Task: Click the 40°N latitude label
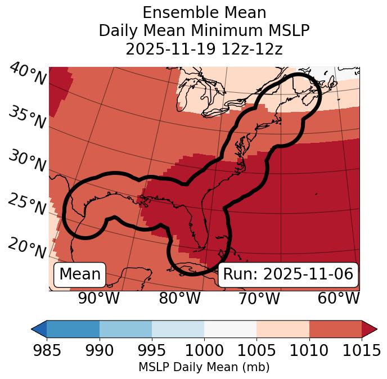point(27,75)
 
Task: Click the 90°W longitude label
point(98,298)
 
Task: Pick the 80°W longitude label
point(179,298)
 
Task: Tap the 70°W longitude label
point(258,298)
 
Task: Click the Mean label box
point(80,274)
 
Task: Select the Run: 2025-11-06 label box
point(288,274)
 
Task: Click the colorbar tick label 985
point(47,351)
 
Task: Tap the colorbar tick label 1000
point(204,351)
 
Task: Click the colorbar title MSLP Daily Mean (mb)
point(204,367)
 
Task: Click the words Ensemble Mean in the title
point(204,12)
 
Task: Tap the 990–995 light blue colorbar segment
point(125,328)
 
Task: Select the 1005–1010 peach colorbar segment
point(283,328)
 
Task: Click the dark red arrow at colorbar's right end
point(369,328)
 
